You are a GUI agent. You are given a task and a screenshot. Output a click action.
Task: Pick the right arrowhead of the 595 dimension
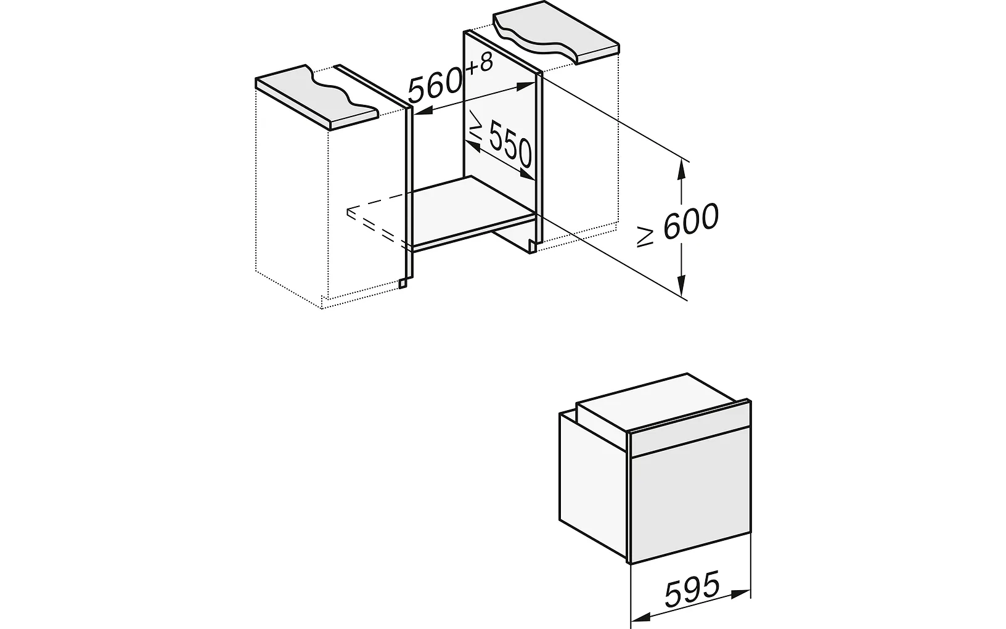[x=740, y=593]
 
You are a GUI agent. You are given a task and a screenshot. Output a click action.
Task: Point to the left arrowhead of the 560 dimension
[x=423, y=111]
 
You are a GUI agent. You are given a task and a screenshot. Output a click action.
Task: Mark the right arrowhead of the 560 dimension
[x=525, y=87]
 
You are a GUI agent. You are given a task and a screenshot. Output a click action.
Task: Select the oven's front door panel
[x=691, y=501]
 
